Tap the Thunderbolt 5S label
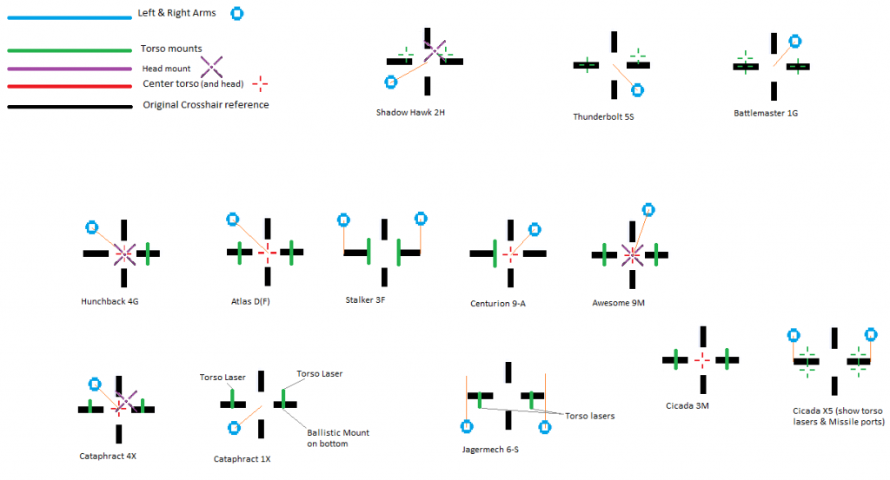pos(603,116)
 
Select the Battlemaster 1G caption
pos(766,112)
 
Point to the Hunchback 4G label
pos(110,302)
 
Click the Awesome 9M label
pos(618,303)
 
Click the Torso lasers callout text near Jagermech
pos(590,416)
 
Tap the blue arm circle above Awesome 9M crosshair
pos(647,209)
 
